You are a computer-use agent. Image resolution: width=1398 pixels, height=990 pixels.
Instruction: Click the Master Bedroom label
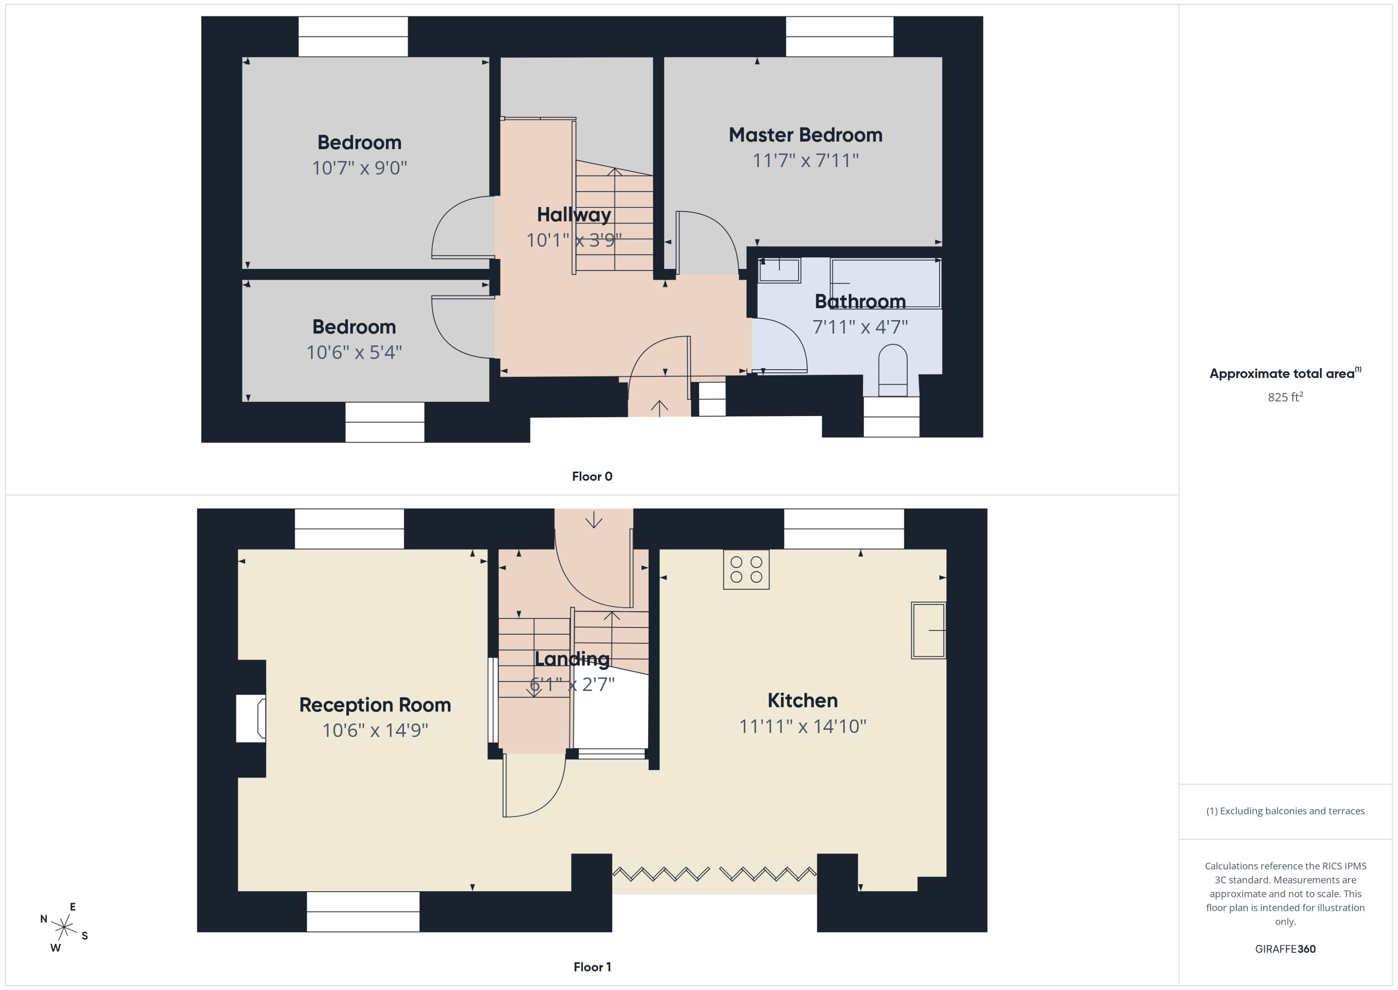(805, 135)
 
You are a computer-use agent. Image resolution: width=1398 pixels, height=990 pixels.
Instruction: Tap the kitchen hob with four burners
(746, 570)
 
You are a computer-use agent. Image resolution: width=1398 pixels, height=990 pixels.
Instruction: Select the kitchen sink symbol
(928, 630)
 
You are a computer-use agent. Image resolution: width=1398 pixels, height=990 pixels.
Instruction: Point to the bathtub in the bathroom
(885, 283)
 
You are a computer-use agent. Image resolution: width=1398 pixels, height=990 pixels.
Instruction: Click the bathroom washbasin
(779, 270)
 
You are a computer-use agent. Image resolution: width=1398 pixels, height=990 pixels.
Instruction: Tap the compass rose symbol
(64, 927)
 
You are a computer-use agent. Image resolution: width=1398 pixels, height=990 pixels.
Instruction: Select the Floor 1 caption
(592, 967)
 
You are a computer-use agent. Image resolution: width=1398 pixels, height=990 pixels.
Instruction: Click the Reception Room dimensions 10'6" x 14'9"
(375, 730)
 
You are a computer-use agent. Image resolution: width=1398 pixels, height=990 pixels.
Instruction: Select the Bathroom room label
(860, 301)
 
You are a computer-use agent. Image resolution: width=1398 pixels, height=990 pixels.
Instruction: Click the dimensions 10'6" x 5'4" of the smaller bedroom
(354, 353)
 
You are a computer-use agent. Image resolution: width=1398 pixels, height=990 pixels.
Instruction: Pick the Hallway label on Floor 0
(573, 215)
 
